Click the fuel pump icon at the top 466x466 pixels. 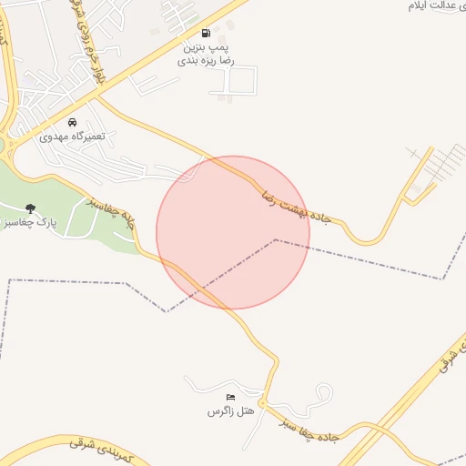click(205, 33)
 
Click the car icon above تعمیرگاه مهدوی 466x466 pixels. click(73, 122)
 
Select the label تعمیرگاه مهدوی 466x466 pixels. click(73, 136)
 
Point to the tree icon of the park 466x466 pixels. click(31, 208)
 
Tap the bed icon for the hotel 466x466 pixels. click(230, 398)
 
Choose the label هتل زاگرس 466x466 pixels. click(228, 411)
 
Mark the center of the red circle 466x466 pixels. click(233, 232)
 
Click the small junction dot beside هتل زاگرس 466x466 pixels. click(262, 402)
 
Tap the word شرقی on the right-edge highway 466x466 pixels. click(449, 355)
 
